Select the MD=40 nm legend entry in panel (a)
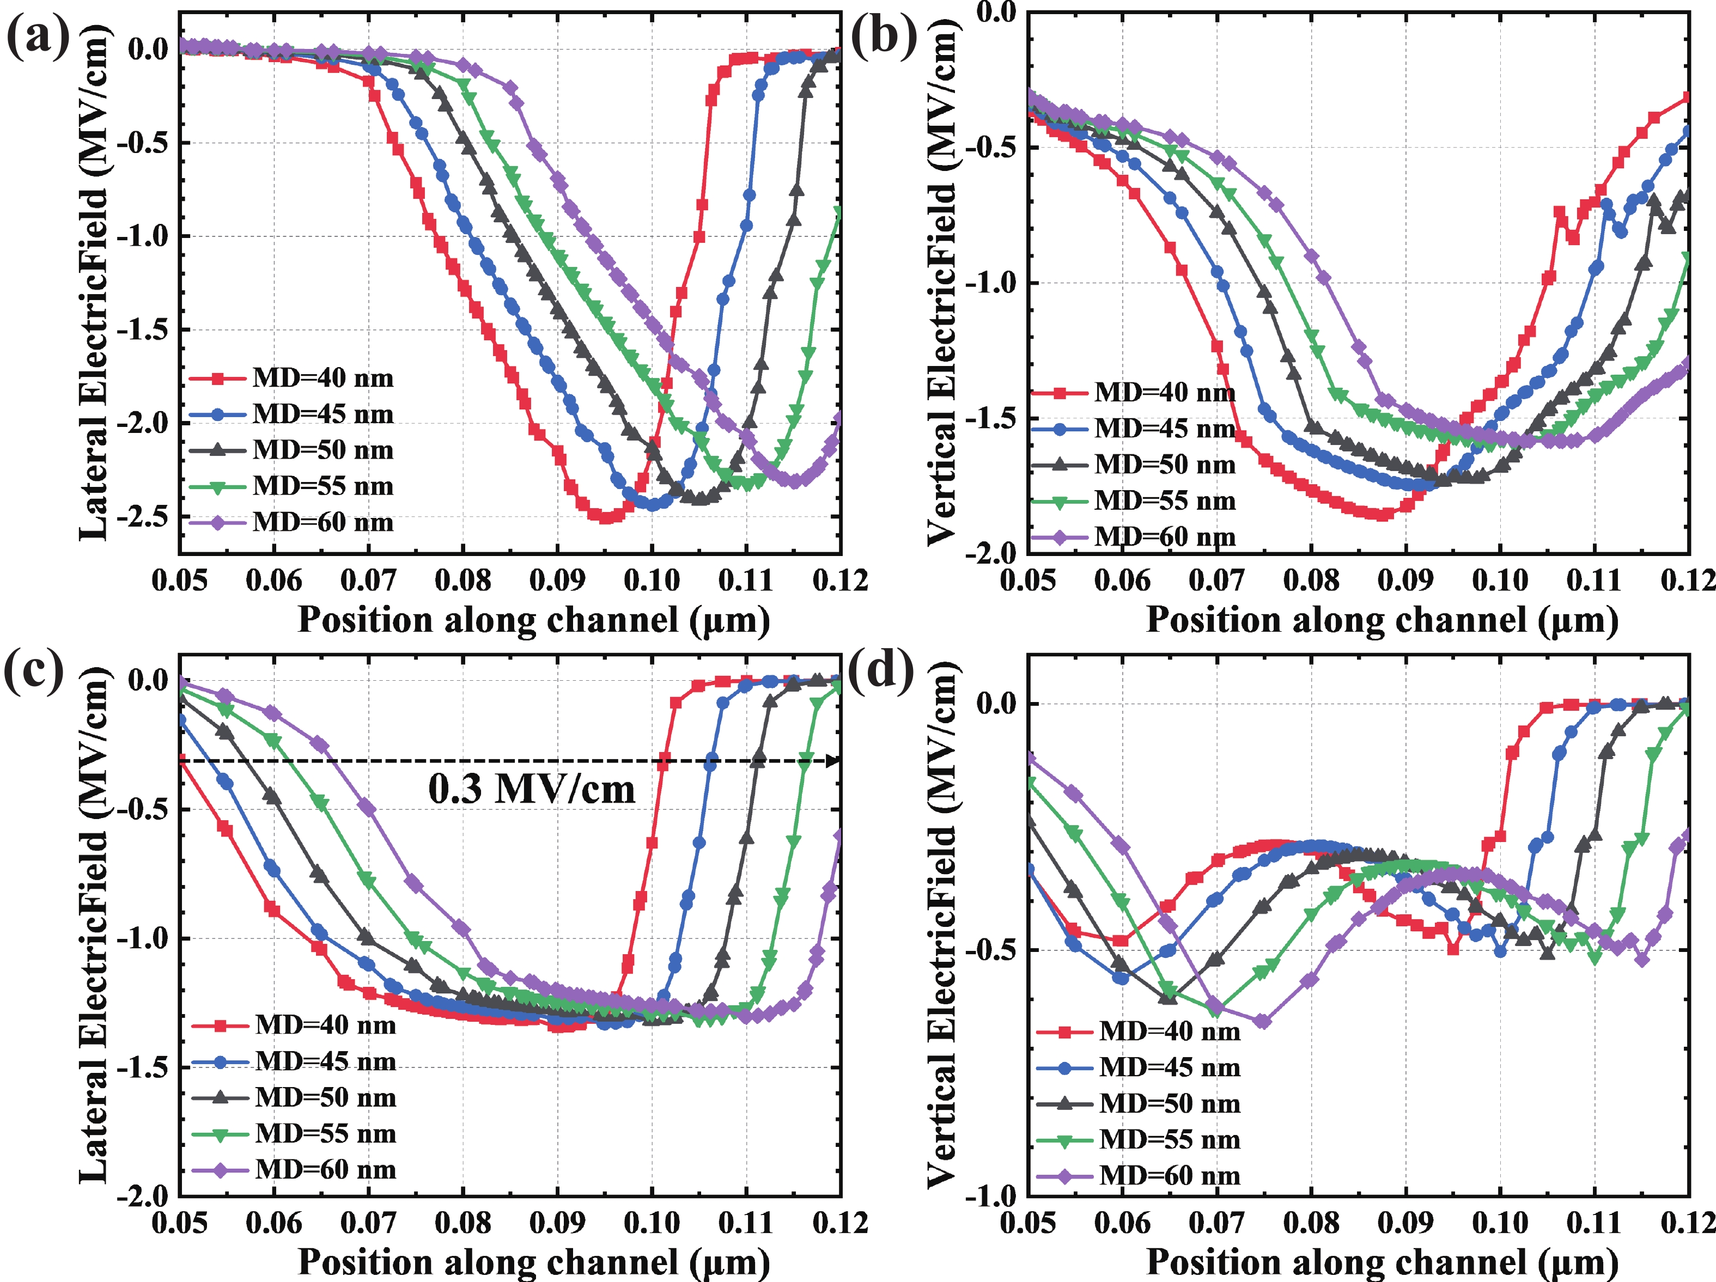click(291, 378)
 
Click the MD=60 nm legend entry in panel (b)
click(1134, 536)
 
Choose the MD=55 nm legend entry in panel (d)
click(1138, 1139)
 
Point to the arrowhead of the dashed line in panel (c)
click(834, 761)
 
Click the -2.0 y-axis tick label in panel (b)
click(990, 552)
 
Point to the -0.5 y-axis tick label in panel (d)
click(990, 949)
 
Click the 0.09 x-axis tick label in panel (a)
click(557, 580)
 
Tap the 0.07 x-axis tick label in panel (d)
click(1216, 1223)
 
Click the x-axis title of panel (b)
click(1383, 620)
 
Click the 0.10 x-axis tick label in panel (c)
click(652, 1223)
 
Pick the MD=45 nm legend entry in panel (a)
click(291, 414)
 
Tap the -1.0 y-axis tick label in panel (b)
click(990, 282)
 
